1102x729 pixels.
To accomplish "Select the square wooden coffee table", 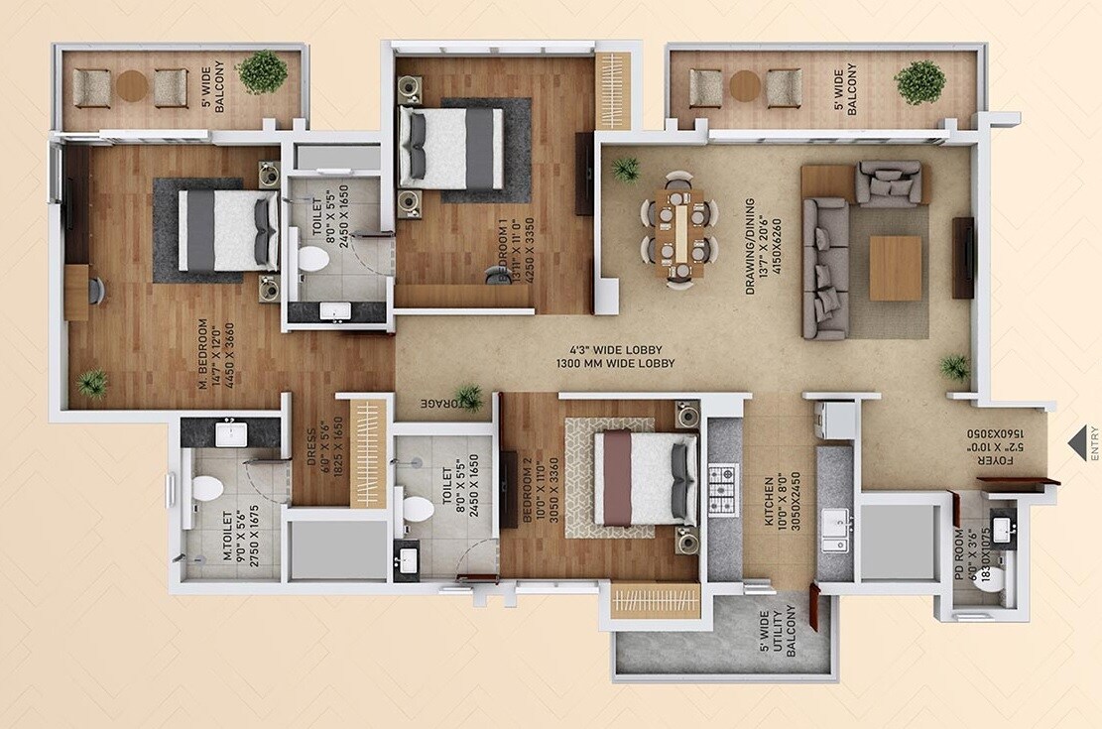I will coord(895,268).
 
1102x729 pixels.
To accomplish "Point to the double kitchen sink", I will coord(836,529).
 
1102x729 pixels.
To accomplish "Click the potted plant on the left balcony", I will coord(263,72).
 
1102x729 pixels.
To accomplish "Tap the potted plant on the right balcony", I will coord(920,82).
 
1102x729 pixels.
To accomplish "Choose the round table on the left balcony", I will coord(131,86).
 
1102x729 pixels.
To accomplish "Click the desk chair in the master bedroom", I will coord(96,290).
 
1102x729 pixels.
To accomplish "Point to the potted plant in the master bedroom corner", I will coord(93,383).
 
